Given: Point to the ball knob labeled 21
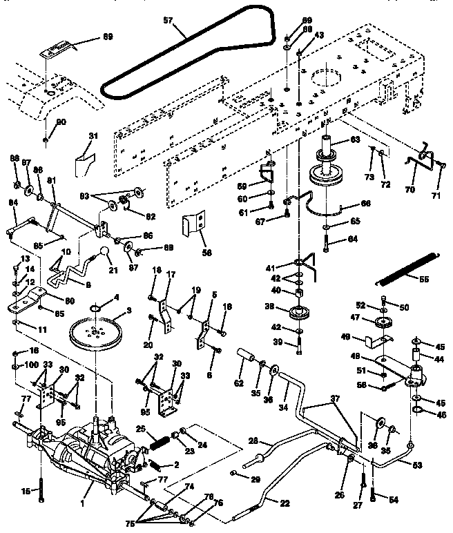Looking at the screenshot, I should click(x=104, y=251).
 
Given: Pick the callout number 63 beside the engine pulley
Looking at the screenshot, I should click(x=355, y=139).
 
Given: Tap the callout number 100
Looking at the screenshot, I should click(x=32, y=364).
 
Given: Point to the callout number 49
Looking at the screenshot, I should click(x=347, y=337).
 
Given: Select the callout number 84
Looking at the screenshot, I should click(x=12, y=202).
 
